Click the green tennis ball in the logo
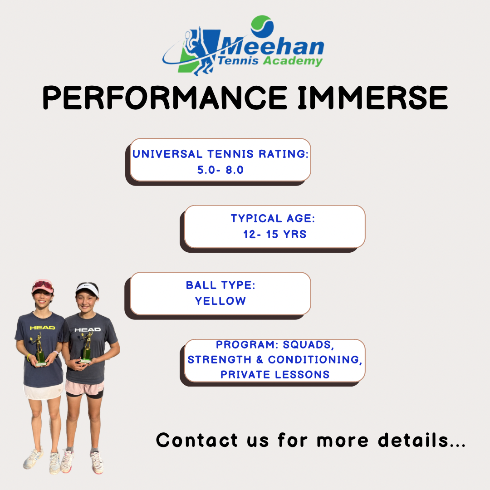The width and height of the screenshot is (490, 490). pyautogui.click(x=262, y=26)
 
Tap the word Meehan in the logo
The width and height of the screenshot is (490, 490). pyautogui.click(x=271, y=47)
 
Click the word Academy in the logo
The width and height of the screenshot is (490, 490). pyautogui.click(x=293, y=61)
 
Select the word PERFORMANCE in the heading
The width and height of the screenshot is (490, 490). pyautogui.click(x=165, y=98)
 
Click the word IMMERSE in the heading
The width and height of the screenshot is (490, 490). pyautogui.click(x=373, y=98)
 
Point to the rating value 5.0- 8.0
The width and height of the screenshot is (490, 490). pyautogui.click(x=220, y=170)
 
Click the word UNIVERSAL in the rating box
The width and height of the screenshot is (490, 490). pyautogui.click(x=167, y=154)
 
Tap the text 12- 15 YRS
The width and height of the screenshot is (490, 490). pyautogui.click(x=274, y=234)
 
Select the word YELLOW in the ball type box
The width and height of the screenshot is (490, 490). pyautogui.click(x=220, y=301)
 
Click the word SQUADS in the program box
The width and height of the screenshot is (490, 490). pyautogui.click(x=309, y=345)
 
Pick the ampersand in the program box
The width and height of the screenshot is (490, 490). pyautogui.click(x=260, y=360)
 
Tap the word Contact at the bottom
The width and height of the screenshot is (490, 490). pyautogui.click(x=197, y=440)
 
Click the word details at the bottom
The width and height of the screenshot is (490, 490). pyautogui.click(x=414, y=440)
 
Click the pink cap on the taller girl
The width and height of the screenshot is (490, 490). pyautogui.click(x=43, y=286)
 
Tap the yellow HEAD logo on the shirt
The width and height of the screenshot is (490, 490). pyautogui.click(x=42, y=328)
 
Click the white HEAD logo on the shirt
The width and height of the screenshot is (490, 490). pyautogui.click(x=88, y=330)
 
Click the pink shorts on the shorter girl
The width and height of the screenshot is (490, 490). pyautogui.click(x=84, y=387)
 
